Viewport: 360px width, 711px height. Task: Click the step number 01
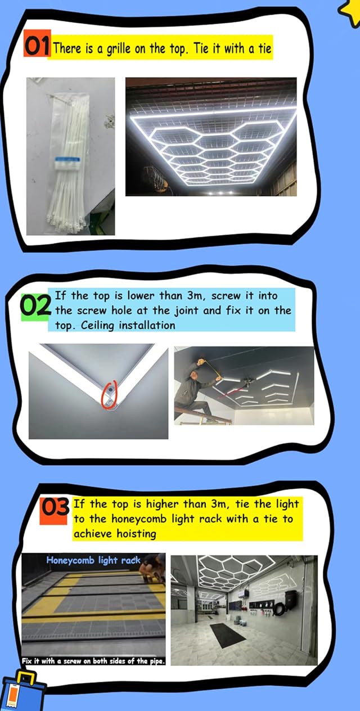click(x=37, y=46)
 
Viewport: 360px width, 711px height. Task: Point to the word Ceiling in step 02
click(x=97, y=325)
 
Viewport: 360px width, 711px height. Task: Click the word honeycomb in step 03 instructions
click(x=139, y=519)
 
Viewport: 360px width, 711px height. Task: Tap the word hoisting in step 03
click(x=137, y=534)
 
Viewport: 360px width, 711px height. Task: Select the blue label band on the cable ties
click(x=67, y=159)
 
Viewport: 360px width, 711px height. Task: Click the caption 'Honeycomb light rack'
click(x=93, y=560)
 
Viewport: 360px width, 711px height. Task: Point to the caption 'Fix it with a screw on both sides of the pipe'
click(x=93, y=661)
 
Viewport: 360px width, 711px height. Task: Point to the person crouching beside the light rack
click(x=154, y=568)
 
